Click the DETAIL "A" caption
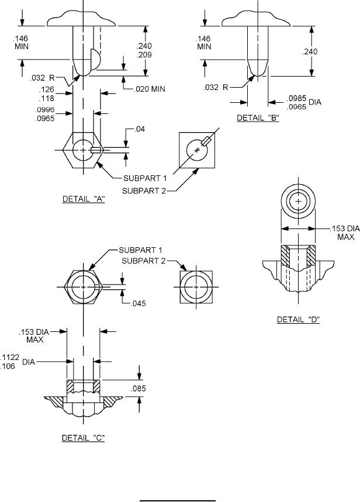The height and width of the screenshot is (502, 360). [x=84, y=199]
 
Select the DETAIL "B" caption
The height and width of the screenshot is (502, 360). [x=258, y=118]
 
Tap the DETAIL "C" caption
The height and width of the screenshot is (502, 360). [x=83, y=438]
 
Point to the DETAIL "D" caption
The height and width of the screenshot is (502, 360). [x=298, y=320]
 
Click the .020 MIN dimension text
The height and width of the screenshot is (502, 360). [x=150, y=89]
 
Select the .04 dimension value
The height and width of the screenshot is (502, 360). [x=139, y=129]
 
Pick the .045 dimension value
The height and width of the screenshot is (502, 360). [x=138, y=303]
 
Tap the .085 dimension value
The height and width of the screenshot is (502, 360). [x=138, y=389]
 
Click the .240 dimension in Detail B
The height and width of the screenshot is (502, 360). [x=310, y=51]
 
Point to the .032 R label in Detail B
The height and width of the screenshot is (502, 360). [x=216, y=87]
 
